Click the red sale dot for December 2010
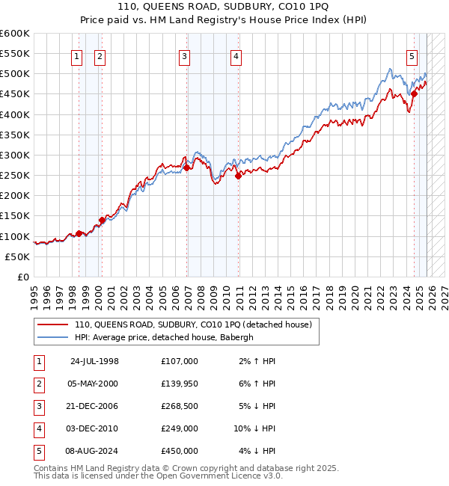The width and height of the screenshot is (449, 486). click(x=238, y=176)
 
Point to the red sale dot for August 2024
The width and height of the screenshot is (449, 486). click(x=414, y=94)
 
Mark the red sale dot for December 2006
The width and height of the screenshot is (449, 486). click(x=187, y=168)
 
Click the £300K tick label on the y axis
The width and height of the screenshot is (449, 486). click(x=14, y=155)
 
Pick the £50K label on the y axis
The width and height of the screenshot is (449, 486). click(x=17, y=256)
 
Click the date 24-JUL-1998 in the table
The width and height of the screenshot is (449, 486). click(x=94, y=361)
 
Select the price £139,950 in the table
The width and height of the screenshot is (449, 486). click(x=179, y=384)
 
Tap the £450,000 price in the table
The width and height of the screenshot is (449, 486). click(x=179, y=451)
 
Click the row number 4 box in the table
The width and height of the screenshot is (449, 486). click(x=37, y=428)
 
